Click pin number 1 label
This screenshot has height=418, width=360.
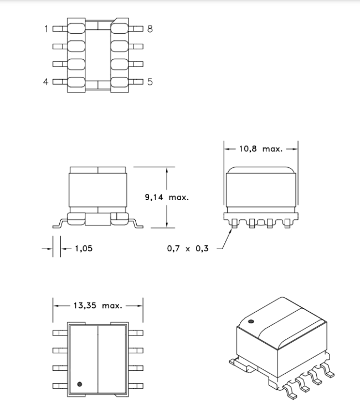click(47, 29)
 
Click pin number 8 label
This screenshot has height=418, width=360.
click(150, 29)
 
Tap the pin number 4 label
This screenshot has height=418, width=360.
click(46, 81)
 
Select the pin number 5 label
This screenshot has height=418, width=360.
click(150, 81)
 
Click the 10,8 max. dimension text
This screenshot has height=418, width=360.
click(260, 149)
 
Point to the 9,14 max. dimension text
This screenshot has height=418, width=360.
click(167, 197)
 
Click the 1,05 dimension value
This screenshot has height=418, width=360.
click(84, 249)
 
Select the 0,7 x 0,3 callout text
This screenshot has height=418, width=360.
click(188, 249)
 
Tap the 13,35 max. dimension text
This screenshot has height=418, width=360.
click(97, 306)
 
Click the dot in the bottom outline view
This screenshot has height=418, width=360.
click(79, 384)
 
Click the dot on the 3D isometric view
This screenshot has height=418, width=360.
click(251, 322)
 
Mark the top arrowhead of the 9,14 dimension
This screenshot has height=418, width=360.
click(167, 170)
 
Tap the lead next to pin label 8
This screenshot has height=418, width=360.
click(136, 29)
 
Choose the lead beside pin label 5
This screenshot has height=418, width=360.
click(136, 81)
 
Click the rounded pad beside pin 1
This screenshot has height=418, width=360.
click(76, 29)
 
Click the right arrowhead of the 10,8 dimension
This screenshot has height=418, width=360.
click(295, 149)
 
